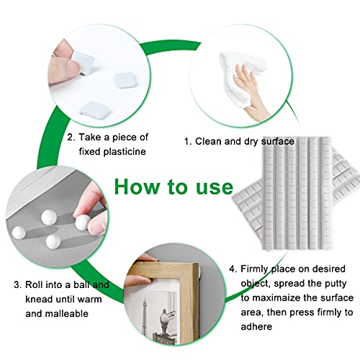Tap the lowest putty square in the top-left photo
96,110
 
